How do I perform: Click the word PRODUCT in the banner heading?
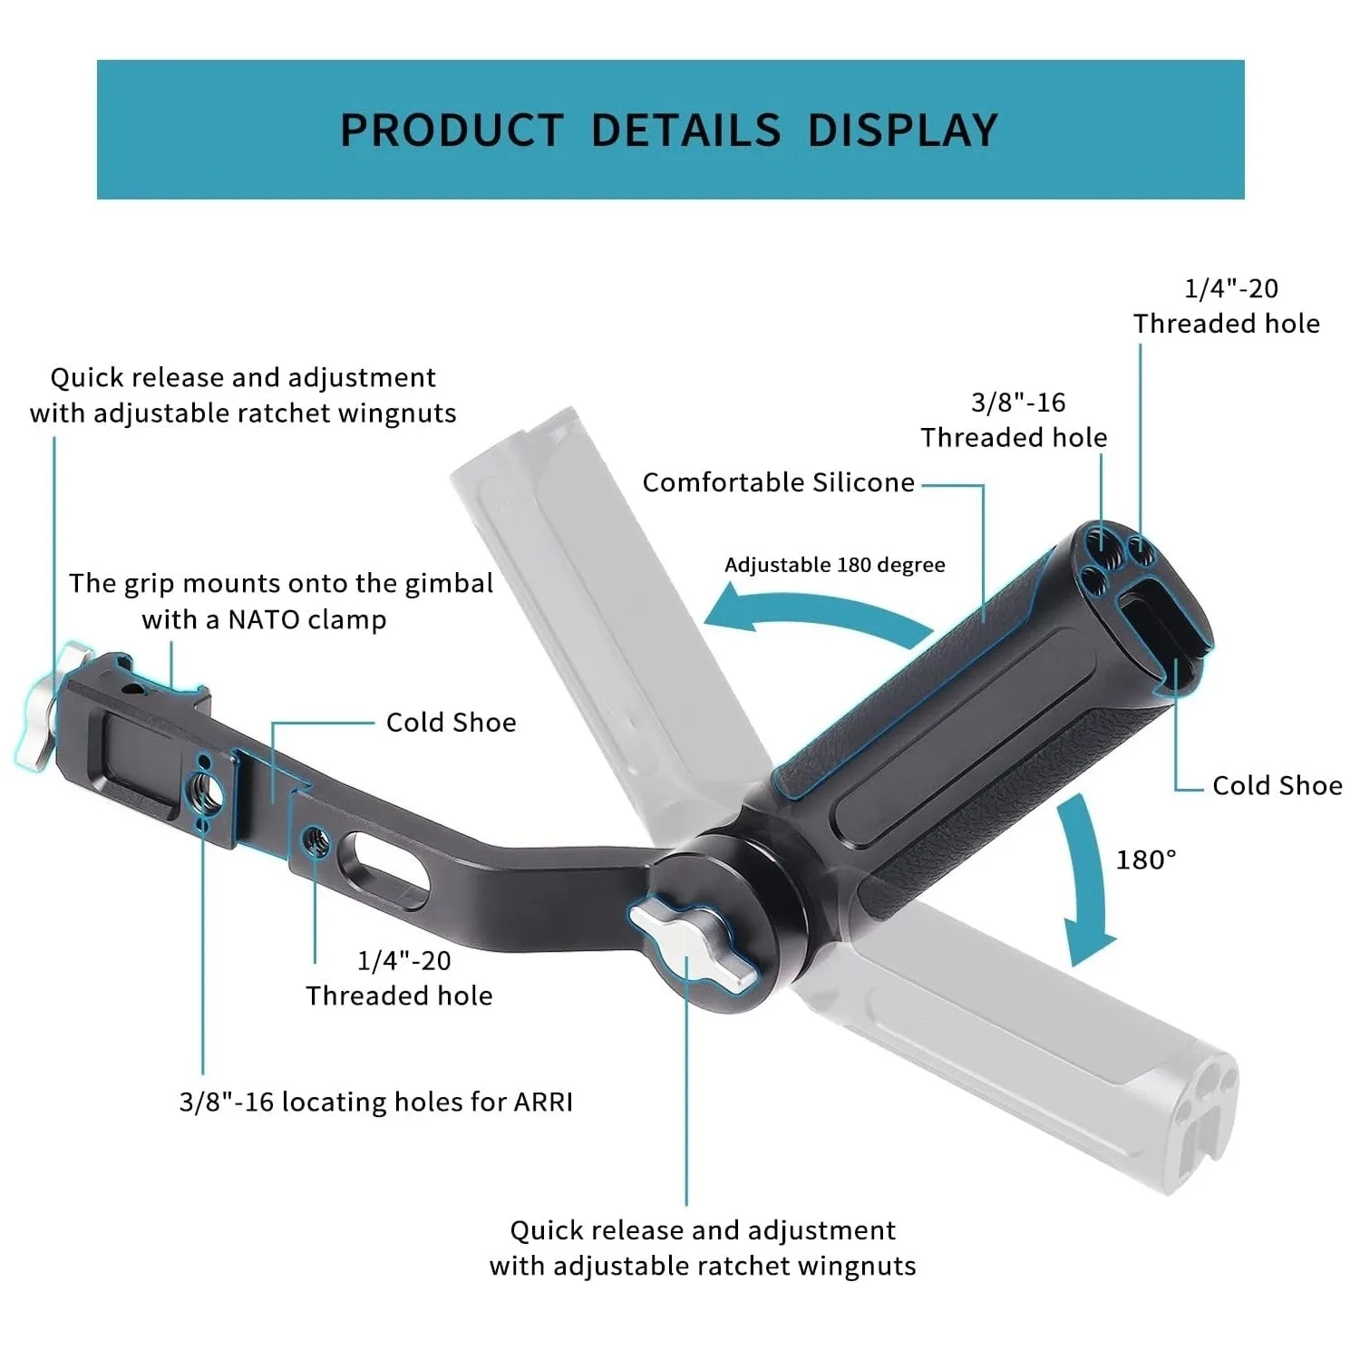[452, 130]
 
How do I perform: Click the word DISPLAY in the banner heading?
[902, 130]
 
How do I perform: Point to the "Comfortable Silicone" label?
[778, 482]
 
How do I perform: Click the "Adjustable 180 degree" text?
[834, 565]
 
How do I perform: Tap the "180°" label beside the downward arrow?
[1145, 859]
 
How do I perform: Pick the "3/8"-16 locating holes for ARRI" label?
[375, 1102]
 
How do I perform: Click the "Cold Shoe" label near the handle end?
[1277, 785]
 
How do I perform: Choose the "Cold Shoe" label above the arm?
[451, 722]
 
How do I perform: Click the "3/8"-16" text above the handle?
[1017, 402]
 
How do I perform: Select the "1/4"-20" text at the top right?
[1230, 288]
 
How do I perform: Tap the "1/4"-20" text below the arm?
[403, 960]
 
